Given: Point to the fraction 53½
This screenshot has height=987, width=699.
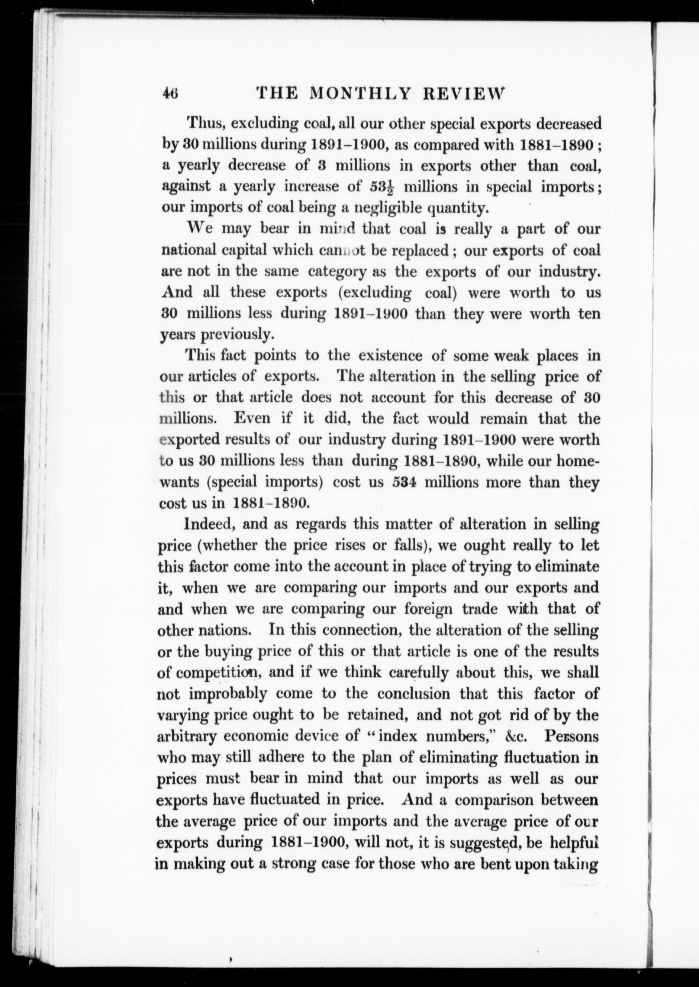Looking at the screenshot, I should click(x=382, y=187).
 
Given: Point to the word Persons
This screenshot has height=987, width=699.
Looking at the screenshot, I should click(x=571, y=736).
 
